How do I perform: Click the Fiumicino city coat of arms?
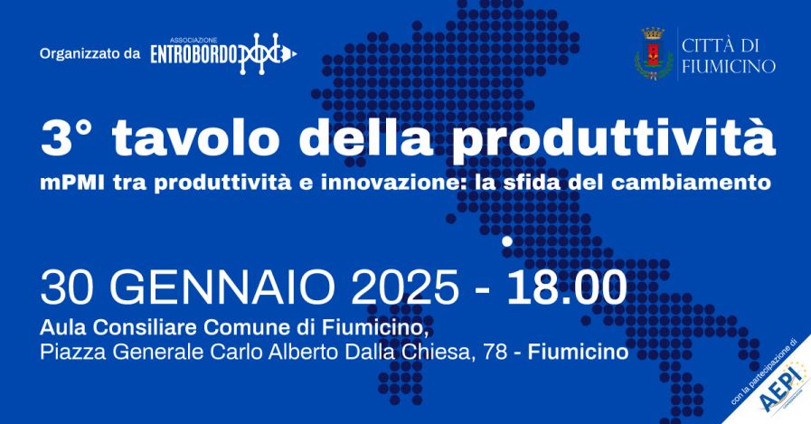tap(654, 53)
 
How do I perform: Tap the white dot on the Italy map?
tap(507, 241)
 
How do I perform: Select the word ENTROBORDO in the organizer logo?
tap(193, 53)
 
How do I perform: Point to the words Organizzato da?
tap(90, 53)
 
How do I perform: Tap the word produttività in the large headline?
tap(613, 137)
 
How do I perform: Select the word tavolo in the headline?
tap(195, 137)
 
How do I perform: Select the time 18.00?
tap(566, 287)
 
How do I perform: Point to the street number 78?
tap(493, 352)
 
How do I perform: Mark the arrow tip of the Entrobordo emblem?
tap(296, 52)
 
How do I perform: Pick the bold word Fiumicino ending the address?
tap(579, 352)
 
